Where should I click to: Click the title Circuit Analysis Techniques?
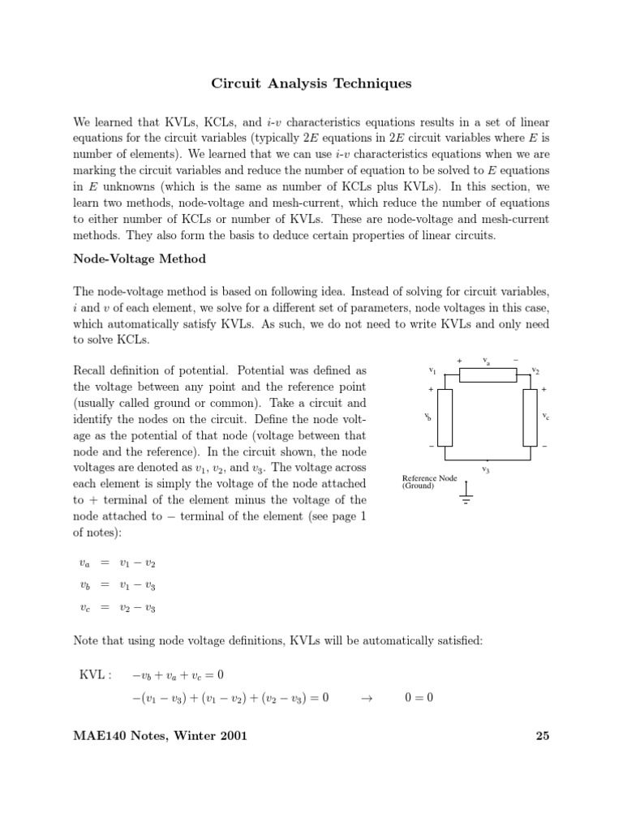coord(311,83)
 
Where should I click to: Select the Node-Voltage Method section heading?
coord(140,259)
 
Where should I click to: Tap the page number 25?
coord(543,736)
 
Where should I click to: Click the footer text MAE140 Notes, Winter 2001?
coord(160,736)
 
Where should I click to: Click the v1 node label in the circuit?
coord(432,370)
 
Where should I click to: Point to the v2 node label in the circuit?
coord(535,370)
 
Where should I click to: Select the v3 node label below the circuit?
coord(485,468)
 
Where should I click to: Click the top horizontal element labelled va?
coord(488,374)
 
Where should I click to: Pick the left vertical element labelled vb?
coord(445,417)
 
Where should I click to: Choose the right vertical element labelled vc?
coord(530,417)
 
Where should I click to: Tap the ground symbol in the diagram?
coord(466,495)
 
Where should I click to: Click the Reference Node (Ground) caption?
coord(430,482)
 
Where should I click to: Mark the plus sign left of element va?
coord(460,360)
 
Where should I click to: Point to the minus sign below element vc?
coord(544,447)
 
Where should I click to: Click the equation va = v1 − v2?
coord(117,563)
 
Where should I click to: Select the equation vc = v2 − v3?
coord(117,607)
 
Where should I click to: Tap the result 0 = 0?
coord(419,696)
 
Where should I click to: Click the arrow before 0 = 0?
coord(364,696)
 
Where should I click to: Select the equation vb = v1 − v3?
coord(117,585)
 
